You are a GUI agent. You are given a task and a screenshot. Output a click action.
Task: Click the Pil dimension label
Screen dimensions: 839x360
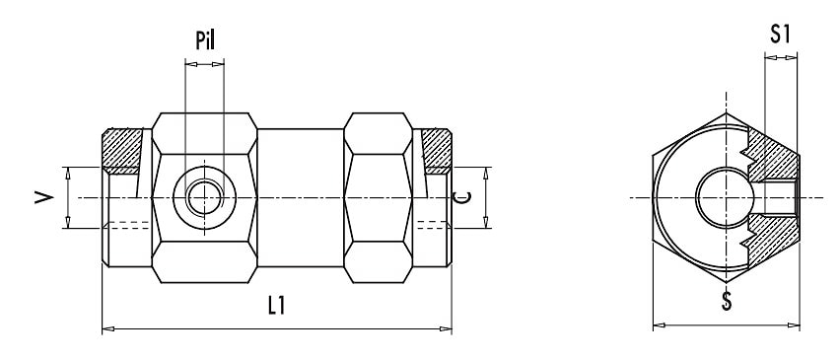tap(205, 40)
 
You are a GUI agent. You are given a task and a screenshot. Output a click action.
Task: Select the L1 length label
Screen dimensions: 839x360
tap(276, 306)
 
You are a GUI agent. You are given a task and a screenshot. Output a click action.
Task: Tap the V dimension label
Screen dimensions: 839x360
tap(44, 198)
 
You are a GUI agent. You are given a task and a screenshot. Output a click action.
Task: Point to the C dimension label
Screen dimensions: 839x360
tap(461, 198)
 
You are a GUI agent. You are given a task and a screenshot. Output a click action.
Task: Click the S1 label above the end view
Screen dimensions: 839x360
tap(780, 35)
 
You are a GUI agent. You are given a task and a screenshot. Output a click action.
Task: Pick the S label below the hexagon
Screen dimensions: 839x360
tap(726, 302)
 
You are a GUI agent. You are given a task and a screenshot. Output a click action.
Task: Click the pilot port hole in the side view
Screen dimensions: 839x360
tap(204, 198)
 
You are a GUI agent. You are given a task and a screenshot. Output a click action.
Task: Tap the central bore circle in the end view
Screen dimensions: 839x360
tap(725, 198)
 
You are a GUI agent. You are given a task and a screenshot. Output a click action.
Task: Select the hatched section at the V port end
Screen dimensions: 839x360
tap(122, 151)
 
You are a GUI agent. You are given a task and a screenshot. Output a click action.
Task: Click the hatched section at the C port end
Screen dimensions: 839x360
tap(436, 151)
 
